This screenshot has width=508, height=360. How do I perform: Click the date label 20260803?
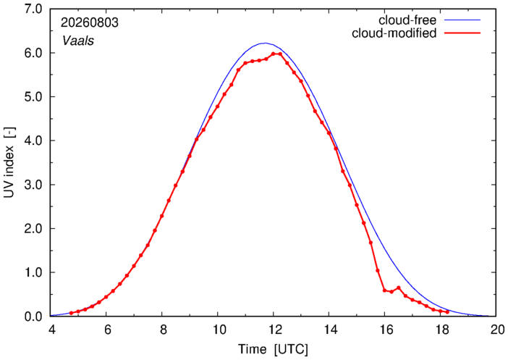[90, 23]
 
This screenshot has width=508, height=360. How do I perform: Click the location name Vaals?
[78, 41]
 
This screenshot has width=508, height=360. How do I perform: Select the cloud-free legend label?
[407, 20]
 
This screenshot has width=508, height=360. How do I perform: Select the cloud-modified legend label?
[394, 33]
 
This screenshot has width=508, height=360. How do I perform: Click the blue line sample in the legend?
[462, 20]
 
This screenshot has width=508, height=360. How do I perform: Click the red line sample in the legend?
[462, 33]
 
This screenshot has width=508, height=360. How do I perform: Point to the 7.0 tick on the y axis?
[33, 9]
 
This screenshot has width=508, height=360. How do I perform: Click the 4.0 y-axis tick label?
[33, 141]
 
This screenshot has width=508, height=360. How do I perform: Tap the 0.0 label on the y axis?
[33, 317]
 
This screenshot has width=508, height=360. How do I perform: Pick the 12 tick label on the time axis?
[274, 330]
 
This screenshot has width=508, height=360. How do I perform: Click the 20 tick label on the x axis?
[496, 330]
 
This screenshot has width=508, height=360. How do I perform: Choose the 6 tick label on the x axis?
[106, 330]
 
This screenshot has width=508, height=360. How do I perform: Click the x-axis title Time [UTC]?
[273, 350]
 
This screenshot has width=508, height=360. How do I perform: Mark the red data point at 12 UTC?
[273, 54]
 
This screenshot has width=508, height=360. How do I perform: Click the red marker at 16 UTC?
[384, 290]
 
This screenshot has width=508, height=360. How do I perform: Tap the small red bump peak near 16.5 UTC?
[399, 288]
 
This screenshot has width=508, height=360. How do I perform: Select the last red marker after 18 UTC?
[447, 312]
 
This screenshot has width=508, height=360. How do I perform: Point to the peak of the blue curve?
[265, 43]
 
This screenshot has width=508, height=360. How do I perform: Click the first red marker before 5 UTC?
[71, 313]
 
